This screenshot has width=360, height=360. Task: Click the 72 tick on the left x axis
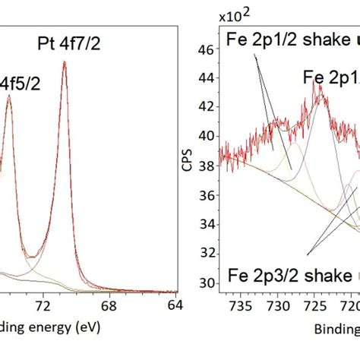point(43,305)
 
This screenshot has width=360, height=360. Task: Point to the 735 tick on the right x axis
point(242,305)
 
